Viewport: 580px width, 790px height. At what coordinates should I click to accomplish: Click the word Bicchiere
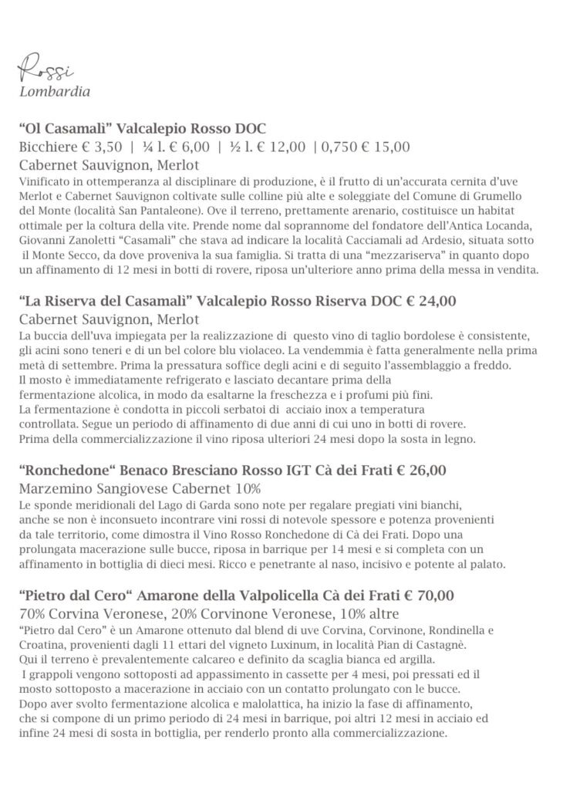coord(46,146)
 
